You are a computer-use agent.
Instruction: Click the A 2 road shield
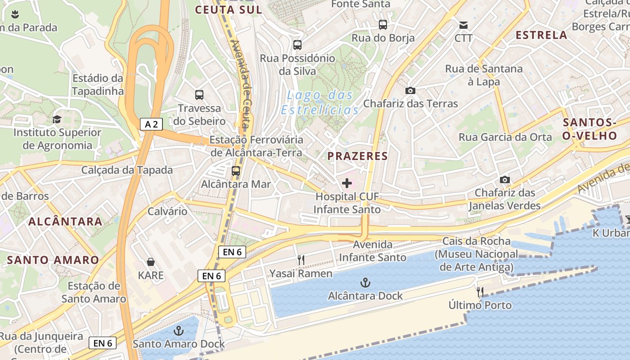click(151, 124)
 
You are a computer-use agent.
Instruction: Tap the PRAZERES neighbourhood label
click(357, 156)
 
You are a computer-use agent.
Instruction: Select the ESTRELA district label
click(541, 35)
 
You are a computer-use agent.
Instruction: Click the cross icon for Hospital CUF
click(347, 183)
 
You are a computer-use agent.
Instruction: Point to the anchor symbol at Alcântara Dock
click(365, 283)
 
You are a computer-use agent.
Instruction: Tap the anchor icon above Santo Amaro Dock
click(179, 331)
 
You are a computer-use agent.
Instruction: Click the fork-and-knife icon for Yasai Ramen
click(301, 260)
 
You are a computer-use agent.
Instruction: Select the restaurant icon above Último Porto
click(480, 292)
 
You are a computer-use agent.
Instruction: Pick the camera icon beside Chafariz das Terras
click(410, 90)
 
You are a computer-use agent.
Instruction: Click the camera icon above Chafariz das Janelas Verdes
click(505, 180)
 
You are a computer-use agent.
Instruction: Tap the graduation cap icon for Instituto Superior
click(57, 119)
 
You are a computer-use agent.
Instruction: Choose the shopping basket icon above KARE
click(151, 262)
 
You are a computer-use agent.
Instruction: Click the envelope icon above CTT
click(463, 25)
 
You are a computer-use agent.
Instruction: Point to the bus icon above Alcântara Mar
click(236, 171)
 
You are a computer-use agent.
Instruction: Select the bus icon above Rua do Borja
click(383, 25)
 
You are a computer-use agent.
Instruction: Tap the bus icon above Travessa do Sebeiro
click(199, 95)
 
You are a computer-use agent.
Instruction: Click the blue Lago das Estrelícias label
click(320, 102)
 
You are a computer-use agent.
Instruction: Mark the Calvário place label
click(167, 211)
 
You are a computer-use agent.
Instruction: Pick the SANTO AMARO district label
click(53, 260)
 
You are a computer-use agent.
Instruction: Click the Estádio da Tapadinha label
click(98, 85)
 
